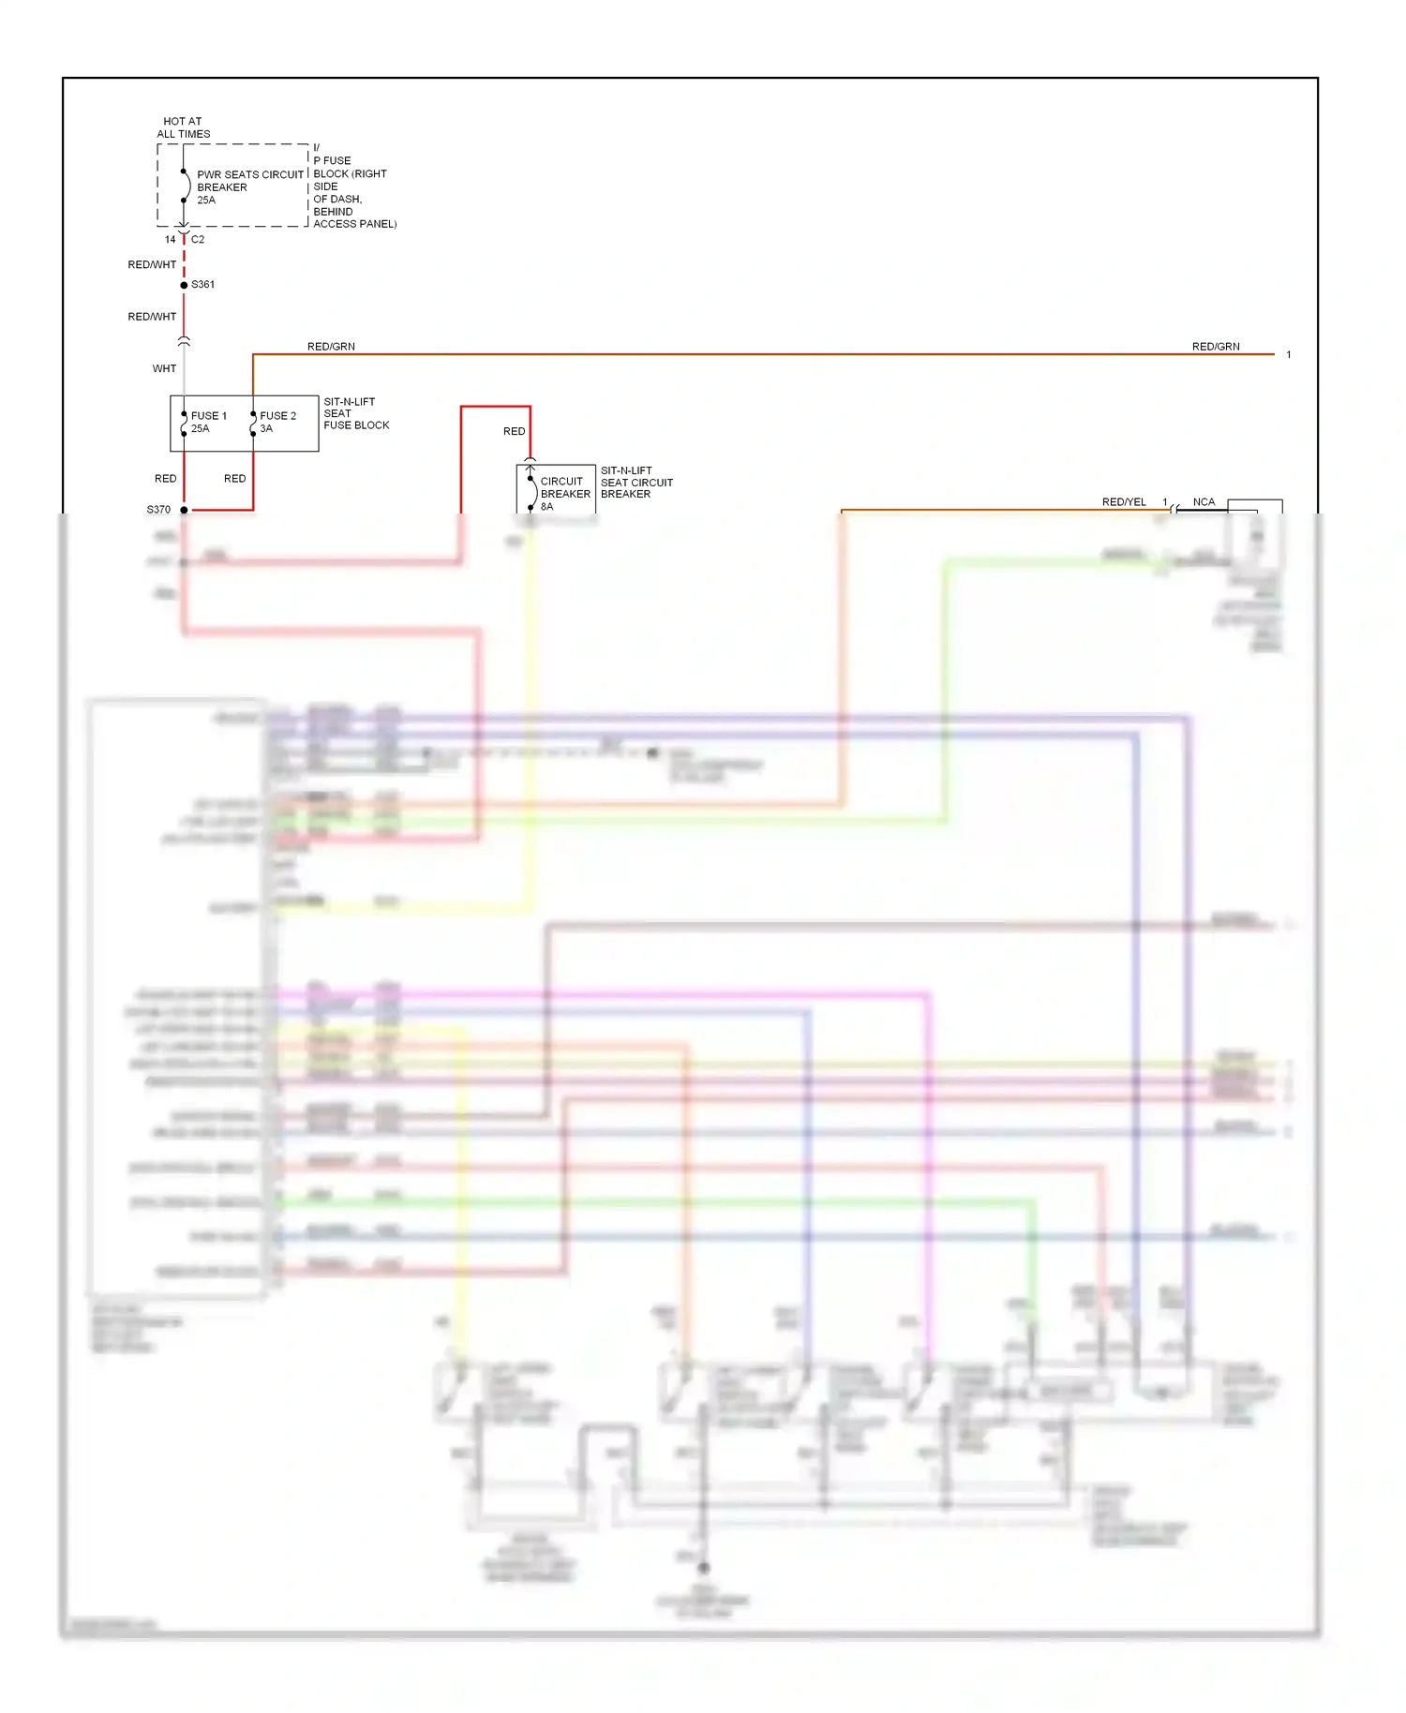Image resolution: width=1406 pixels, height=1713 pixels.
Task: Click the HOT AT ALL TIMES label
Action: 183,127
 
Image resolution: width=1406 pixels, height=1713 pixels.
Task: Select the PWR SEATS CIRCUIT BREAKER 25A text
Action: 249,186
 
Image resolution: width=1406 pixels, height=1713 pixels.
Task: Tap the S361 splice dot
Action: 184,285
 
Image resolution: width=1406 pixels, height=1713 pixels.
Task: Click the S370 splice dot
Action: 184,510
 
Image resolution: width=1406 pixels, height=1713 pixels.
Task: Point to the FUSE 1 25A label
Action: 208,422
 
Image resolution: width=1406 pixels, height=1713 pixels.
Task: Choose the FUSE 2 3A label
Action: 277,422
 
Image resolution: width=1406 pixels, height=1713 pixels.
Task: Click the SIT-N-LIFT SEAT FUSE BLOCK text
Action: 355,413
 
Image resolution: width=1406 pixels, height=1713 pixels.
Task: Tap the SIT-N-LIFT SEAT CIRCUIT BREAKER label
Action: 636,482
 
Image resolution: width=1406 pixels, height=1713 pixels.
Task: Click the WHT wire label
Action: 164,368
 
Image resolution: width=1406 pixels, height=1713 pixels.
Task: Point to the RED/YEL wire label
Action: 1124,502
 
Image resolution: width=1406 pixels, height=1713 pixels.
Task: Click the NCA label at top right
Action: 1204,502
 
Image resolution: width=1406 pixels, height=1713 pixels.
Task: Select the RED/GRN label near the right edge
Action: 1216,347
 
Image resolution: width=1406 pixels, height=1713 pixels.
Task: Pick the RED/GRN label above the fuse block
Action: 331,347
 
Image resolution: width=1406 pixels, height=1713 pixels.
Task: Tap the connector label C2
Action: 198,240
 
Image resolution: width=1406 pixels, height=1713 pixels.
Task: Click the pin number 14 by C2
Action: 170,240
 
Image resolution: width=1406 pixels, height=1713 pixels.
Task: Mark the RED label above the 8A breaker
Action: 514,431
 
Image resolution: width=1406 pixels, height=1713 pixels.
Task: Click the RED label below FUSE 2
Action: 234,479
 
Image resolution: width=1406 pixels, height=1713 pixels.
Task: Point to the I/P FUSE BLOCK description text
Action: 353,186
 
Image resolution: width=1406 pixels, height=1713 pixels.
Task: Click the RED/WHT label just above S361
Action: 152,265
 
